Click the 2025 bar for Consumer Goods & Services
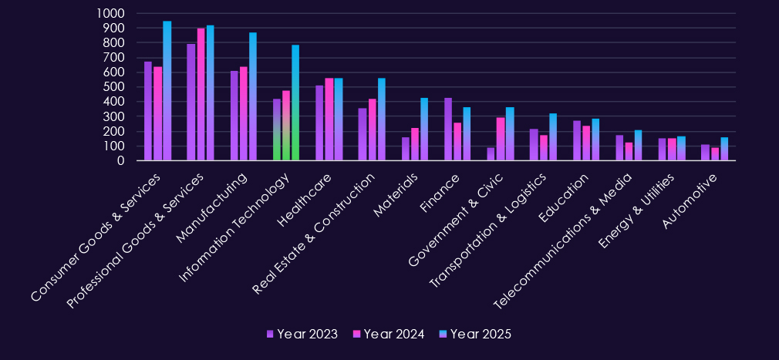(x=167, y=91)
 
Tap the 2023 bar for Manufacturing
(x=234, y=116)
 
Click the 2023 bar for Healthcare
(x=320, y=123)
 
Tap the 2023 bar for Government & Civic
(x=491, y=154)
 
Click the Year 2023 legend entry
(x=302, y=334)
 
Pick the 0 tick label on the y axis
(x=122, y=160)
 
